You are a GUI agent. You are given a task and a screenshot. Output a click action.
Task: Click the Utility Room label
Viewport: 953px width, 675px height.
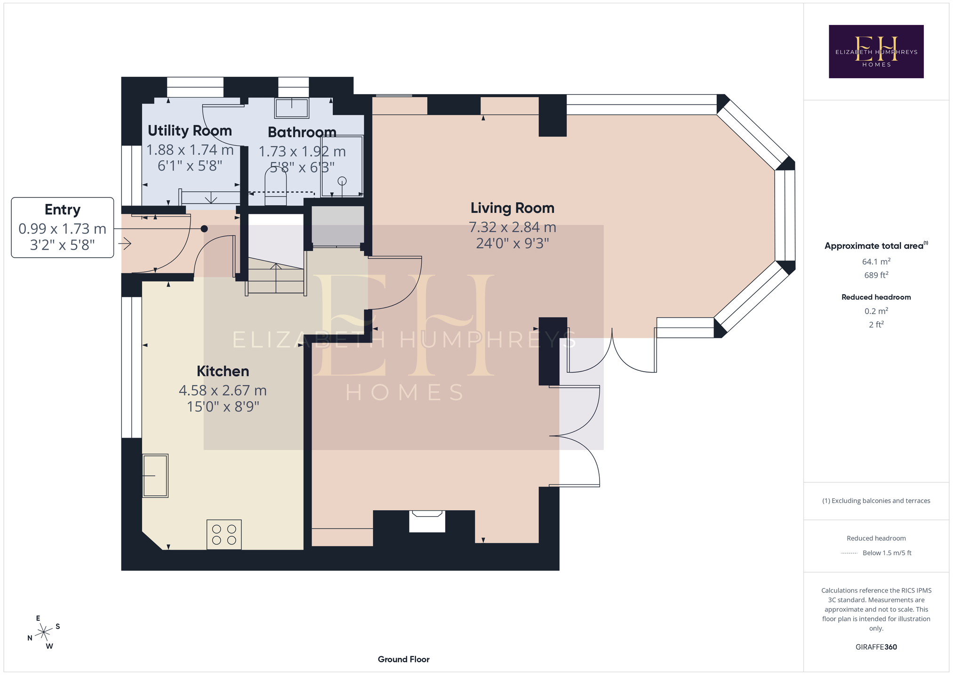[190, 130]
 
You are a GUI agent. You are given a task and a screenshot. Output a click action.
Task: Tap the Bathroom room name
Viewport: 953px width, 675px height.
[302, 132]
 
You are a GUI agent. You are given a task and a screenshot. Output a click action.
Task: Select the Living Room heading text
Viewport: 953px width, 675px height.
[513, 208]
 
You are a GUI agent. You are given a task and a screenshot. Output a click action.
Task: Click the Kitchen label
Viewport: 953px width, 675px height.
[223, 371]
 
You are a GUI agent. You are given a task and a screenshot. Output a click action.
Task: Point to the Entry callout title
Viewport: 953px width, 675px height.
[63, 210]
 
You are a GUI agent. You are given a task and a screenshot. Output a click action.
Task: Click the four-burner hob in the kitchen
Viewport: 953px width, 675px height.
[224, 535]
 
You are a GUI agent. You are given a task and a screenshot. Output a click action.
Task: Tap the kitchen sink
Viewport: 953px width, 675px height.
[155, 476]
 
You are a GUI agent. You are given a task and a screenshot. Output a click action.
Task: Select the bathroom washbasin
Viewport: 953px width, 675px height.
[292, 108]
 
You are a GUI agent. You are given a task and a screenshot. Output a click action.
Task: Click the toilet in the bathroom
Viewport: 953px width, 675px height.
[276, 187]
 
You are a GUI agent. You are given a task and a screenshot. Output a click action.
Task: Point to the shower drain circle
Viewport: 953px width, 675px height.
[342, 181]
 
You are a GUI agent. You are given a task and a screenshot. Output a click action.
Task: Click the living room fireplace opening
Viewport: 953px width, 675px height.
[427, 521]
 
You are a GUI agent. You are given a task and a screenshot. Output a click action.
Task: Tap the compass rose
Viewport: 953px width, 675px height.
[44, 632]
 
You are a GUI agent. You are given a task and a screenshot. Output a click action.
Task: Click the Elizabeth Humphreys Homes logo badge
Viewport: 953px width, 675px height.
[876, 51]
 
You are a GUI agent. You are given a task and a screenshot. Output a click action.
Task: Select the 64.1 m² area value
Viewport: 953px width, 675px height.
[876, 261]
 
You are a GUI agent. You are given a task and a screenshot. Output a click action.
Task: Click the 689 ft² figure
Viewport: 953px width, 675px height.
[876, 275]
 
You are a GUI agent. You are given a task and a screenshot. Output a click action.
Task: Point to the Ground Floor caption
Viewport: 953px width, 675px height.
[404, 659]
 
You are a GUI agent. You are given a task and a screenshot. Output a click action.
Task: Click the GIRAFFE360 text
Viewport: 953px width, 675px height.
[876, 647]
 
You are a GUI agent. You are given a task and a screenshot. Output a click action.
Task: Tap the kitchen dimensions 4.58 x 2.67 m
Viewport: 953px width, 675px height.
[223, 390]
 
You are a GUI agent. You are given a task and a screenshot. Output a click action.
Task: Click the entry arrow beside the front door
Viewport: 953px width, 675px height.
[125, 244]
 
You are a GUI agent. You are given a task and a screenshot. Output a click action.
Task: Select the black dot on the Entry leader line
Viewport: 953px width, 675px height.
[204, 229]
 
